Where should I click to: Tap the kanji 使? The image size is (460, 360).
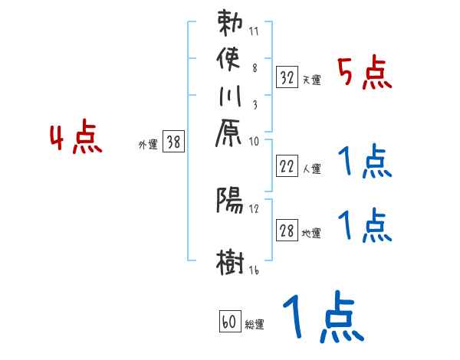pyautogui.click(x=231, y=58)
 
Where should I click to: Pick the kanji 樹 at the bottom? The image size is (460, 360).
pyautogui.click(x=231, y=261)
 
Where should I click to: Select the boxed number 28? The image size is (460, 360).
pyautogui.click(x=287, y=231)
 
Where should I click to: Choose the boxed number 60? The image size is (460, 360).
pyautogui.click(x=229, y=322)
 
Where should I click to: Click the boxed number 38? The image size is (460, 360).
pyautogui.click(x=174, y=141)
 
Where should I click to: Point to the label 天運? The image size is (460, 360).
pyautogui.click(x=311, y=80)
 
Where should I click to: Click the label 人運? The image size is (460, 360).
pyautogui.click(x=311, y=166)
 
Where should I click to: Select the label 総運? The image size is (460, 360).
pyautogui.click(x=254, y=325)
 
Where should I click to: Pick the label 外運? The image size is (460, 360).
pyautogui.click(x=147, y=143)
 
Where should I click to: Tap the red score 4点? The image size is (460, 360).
pyautogui.click(x=76, y=139)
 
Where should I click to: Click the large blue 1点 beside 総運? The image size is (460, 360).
pyautogui.click(x=322, y=318)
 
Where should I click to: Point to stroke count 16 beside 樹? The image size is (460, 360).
pyautogui.click(x=253, y=271)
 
